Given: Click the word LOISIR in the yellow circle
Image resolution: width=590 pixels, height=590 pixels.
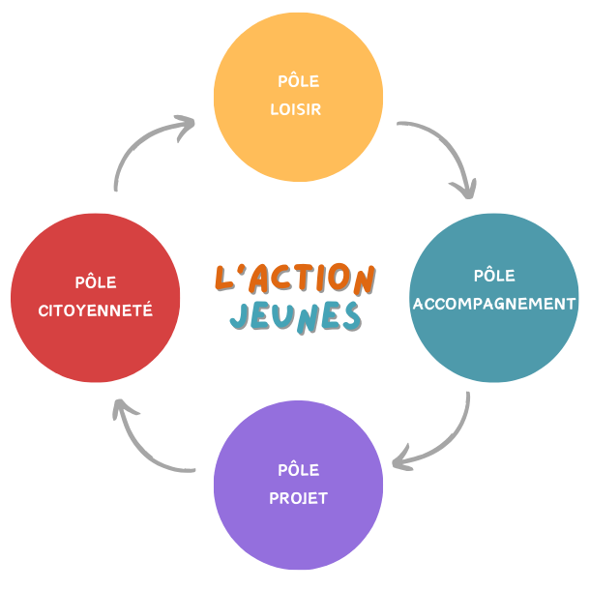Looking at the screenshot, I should [295, 109].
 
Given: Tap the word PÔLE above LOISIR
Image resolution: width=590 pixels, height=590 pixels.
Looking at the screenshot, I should [297, 81].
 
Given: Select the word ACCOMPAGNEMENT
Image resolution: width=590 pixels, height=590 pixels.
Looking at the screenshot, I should [494, 304].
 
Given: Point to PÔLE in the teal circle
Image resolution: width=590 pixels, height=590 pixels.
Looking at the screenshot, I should [493, 276].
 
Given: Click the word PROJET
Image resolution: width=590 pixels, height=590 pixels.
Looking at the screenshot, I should [298, 499].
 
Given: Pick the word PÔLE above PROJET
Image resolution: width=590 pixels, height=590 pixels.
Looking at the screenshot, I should [298, 471].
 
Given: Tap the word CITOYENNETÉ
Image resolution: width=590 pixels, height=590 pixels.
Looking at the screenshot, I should [96, 310].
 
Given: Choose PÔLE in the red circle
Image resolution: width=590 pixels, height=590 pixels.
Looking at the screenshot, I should [96, 282].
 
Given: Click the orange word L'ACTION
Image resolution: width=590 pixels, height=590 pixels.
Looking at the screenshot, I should [294, 278].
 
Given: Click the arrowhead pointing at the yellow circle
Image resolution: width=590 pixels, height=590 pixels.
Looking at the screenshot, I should [184, 125].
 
